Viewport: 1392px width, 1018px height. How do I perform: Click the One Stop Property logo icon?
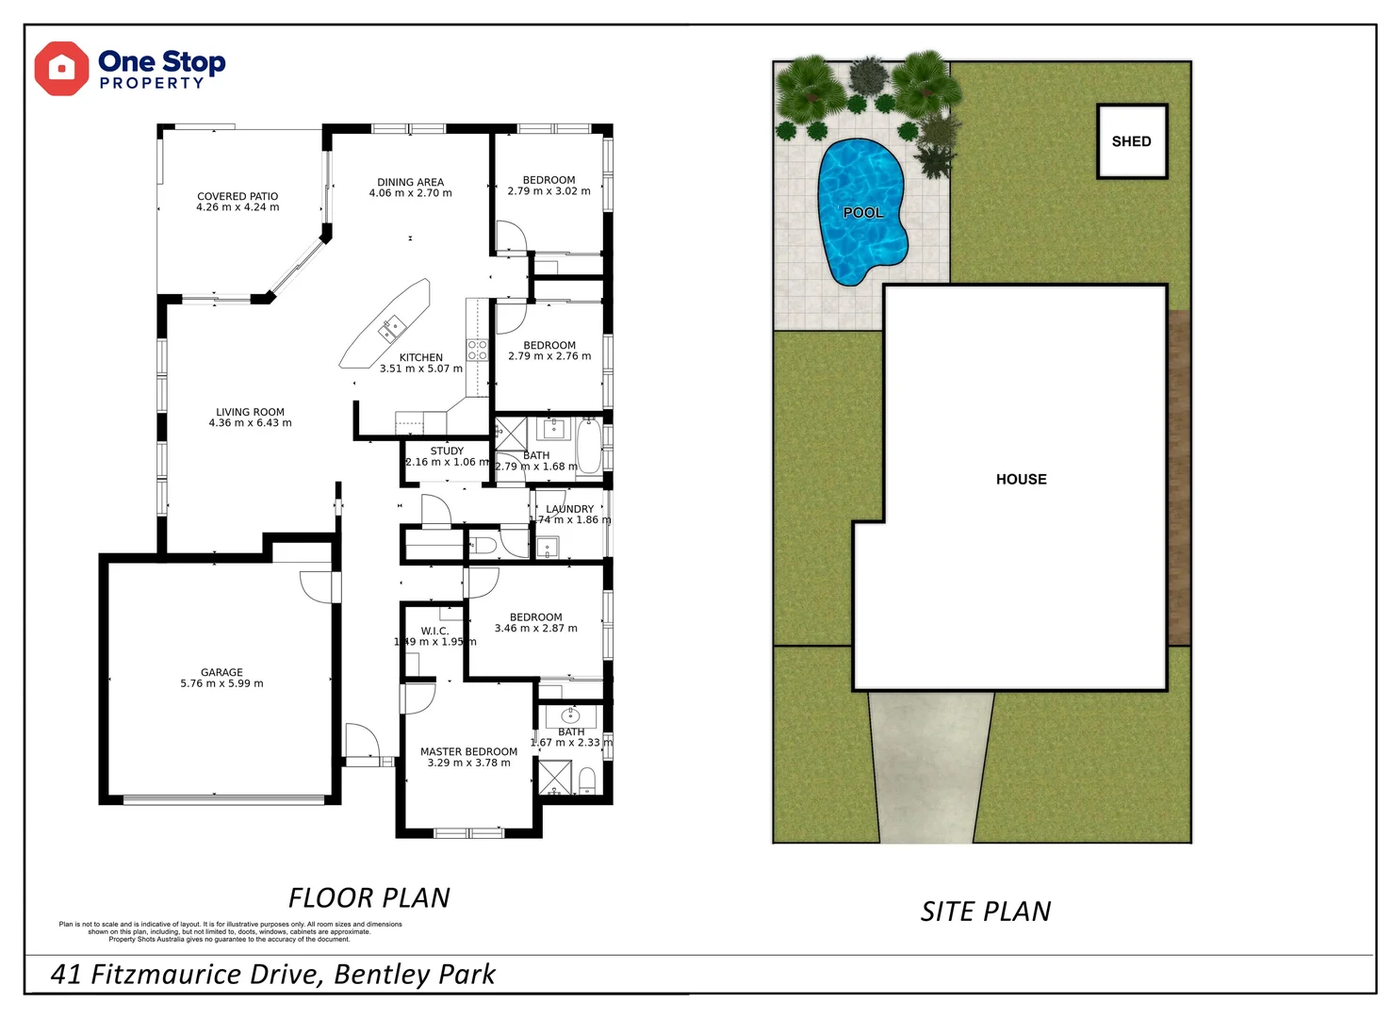(61, 69)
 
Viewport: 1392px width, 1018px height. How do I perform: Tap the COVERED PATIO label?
(237, 196)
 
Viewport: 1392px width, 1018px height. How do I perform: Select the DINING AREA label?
(410, 182)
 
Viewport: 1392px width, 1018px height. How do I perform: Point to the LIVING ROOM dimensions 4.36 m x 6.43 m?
(250, 423)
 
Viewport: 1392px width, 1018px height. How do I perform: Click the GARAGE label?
(221, 672)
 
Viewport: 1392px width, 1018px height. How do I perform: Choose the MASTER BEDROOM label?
(468, 751)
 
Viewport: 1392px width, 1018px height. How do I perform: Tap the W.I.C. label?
(434, 631)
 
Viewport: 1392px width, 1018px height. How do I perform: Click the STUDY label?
(447, 451)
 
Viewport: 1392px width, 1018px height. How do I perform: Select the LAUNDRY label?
(570, 509)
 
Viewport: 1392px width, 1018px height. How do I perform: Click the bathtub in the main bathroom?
(589, 446)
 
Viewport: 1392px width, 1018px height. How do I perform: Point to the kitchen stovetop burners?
(478, 351)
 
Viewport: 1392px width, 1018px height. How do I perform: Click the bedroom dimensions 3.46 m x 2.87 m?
(535, 629)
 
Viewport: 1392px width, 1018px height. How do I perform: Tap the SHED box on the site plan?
(1132, 141)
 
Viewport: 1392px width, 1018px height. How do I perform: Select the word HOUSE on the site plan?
(1021, 479)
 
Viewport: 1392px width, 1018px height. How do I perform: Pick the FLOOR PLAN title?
(368, 897)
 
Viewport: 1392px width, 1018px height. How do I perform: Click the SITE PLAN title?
(986, 911)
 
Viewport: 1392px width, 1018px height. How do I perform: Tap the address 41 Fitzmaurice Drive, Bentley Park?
(272, 974)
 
